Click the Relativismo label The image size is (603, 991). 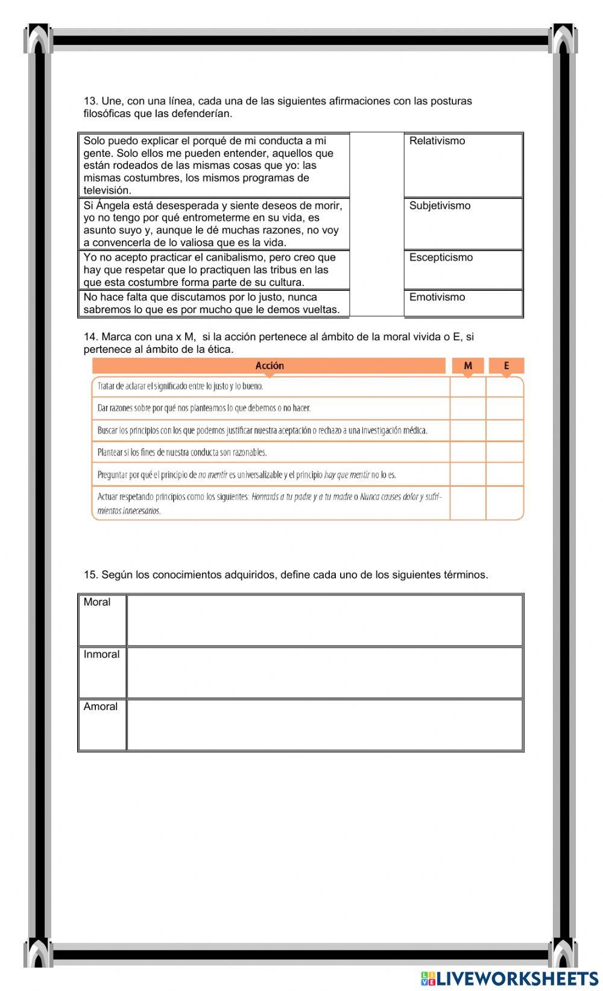tap(437, 141)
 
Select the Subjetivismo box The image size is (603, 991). tap(463, 223)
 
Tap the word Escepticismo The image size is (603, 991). tap(441, 258)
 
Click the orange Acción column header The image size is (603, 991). tap(269, 366)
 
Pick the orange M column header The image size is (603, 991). tap(468, 366)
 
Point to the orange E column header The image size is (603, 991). tap(506, 366)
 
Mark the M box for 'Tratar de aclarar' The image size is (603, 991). tap(468, 387)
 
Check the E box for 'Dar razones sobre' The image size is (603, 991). tap(505, 408)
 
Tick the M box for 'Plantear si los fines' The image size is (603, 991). tap(468, 452)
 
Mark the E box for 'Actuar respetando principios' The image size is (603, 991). tap(505, 503)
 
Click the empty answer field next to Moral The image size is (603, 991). tap(324, 620)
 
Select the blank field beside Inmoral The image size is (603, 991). tap(324, 673)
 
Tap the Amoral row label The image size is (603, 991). tap(101, 707)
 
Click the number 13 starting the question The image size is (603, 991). tap(90, 101)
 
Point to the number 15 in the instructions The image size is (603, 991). tap(90, 575)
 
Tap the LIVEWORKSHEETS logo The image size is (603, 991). tap(510, 978)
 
